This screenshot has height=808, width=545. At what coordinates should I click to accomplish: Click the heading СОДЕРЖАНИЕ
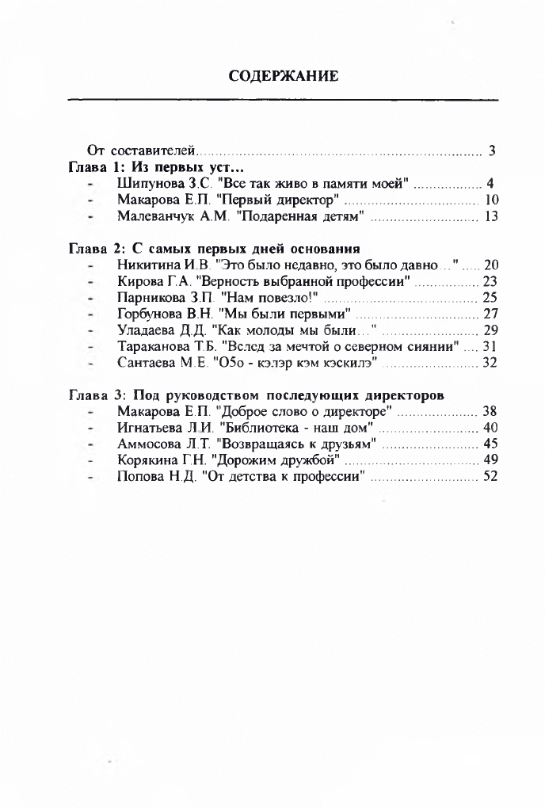(284, 76)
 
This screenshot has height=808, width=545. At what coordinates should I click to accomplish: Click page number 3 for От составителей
(492, 151)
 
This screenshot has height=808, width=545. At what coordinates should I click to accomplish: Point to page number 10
(491, 200)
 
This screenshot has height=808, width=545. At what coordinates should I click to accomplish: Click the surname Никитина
(148, 265)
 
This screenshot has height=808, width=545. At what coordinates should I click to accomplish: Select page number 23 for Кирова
(490, 281)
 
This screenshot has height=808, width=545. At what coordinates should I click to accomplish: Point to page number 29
(490, 330)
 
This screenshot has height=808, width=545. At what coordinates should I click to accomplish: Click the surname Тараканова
(153, 346)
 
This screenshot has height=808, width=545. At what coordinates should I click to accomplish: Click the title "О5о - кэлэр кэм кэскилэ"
(294, 363)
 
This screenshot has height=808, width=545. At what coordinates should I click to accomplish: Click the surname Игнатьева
(151, 428)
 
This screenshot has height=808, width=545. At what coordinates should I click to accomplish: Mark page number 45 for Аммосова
(490, 444)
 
